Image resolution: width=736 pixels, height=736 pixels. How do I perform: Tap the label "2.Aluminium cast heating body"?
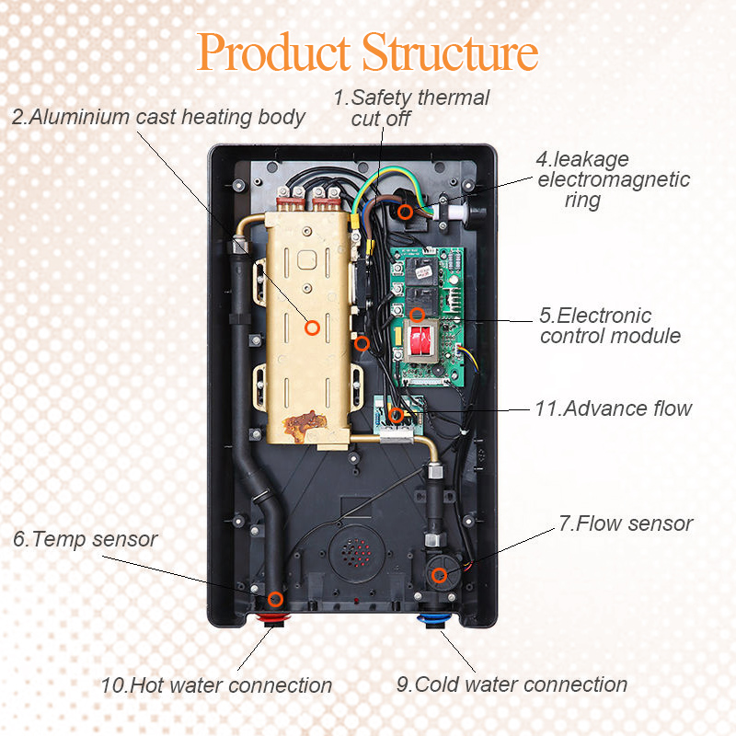pos(158,118)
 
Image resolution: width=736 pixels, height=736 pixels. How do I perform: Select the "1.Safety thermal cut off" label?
pos(411,108)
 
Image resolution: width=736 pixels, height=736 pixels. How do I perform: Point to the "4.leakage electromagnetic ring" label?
pos(613,179)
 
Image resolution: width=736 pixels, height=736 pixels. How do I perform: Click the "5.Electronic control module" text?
pos(610,326)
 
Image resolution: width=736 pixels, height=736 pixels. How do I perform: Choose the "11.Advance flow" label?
pos(613,408)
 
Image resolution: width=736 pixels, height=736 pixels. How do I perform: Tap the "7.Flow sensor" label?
pos(626,523)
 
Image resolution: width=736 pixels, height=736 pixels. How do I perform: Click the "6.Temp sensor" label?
pos(86,539)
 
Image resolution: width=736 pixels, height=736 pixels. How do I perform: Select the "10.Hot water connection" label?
pos(216,685)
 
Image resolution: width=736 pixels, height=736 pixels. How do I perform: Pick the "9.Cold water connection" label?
pos(512,684)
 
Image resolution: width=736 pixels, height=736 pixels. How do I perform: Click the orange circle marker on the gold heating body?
pos(312,326)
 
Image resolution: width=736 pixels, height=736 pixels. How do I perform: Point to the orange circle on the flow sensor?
pos(440,576)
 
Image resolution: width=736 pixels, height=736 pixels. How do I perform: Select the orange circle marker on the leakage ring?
pos(405,213)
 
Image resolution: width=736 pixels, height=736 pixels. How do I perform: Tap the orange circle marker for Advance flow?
pos(397,415)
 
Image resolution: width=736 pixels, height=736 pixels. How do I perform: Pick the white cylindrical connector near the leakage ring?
pos(453,210)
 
